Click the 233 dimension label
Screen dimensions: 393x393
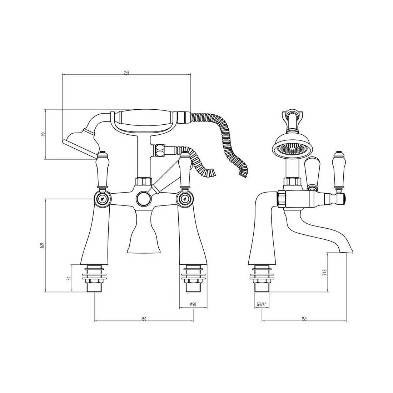(x=126, y=73)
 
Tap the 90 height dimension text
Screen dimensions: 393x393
(x=43, y=134)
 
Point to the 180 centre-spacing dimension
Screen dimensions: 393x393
(x=143, y=319)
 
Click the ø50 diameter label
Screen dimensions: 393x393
(x=193, y=304)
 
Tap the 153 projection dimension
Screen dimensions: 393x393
(x=304, y=319)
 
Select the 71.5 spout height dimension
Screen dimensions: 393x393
(x=325, y=273)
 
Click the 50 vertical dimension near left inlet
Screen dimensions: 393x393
(x=70, y=278)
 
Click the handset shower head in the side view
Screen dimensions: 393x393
(x=293, y=148)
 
